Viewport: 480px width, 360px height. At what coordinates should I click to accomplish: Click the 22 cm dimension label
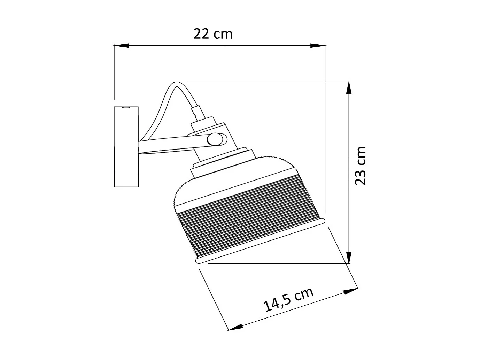pyautogui.click(x=213, y=34)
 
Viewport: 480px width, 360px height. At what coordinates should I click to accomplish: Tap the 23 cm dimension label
pyautogui.click(x=360, y=166)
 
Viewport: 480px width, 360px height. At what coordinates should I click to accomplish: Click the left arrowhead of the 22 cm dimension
pyautogui.click(x=121, y=45)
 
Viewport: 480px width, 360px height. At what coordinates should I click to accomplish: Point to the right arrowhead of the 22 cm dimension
pyautogui.click(x=318, y=46)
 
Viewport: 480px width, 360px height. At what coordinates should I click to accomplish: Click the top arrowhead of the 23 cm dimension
pyautogui.click(x=349, y=89)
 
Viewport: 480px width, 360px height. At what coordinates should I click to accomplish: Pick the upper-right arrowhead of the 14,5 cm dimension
pyautogui.click(x=350, y=291)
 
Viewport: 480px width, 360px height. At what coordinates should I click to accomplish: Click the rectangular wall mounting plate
pyautogui.click(x=126, y=147)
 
